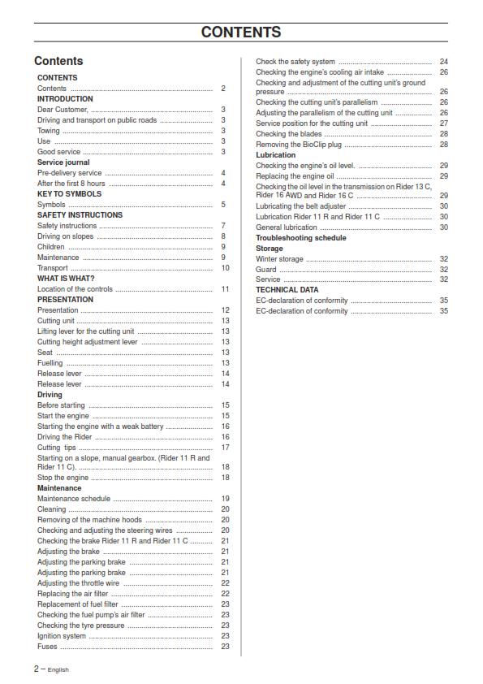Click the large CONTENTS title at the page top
[241, 32]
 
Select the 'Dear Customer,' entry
[63, 110]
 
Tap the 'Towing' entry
[49, 131]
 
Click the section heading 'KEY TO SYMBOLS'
[70, 194]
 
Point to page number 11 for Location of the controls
[225, 289]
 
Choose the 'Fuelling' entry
[50, 363]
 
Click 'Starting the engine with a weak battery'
[101, 426]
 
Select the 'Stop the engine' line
[63, 478]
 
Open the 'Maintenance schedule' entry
[74, 499]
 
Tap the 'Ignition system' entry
[62, 636]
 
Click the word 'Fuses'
[48, 647]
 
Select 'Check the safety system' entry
[295, 62]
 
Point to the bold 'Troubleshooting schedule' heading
[301, 238]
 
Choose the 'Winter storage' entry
[280, 259]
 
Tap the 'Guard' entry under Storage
[266, 269]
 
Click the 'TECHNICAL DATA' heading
[287, 290]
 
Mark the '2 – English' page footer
[51, 669]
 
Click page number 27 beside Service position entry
[444, 123]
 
